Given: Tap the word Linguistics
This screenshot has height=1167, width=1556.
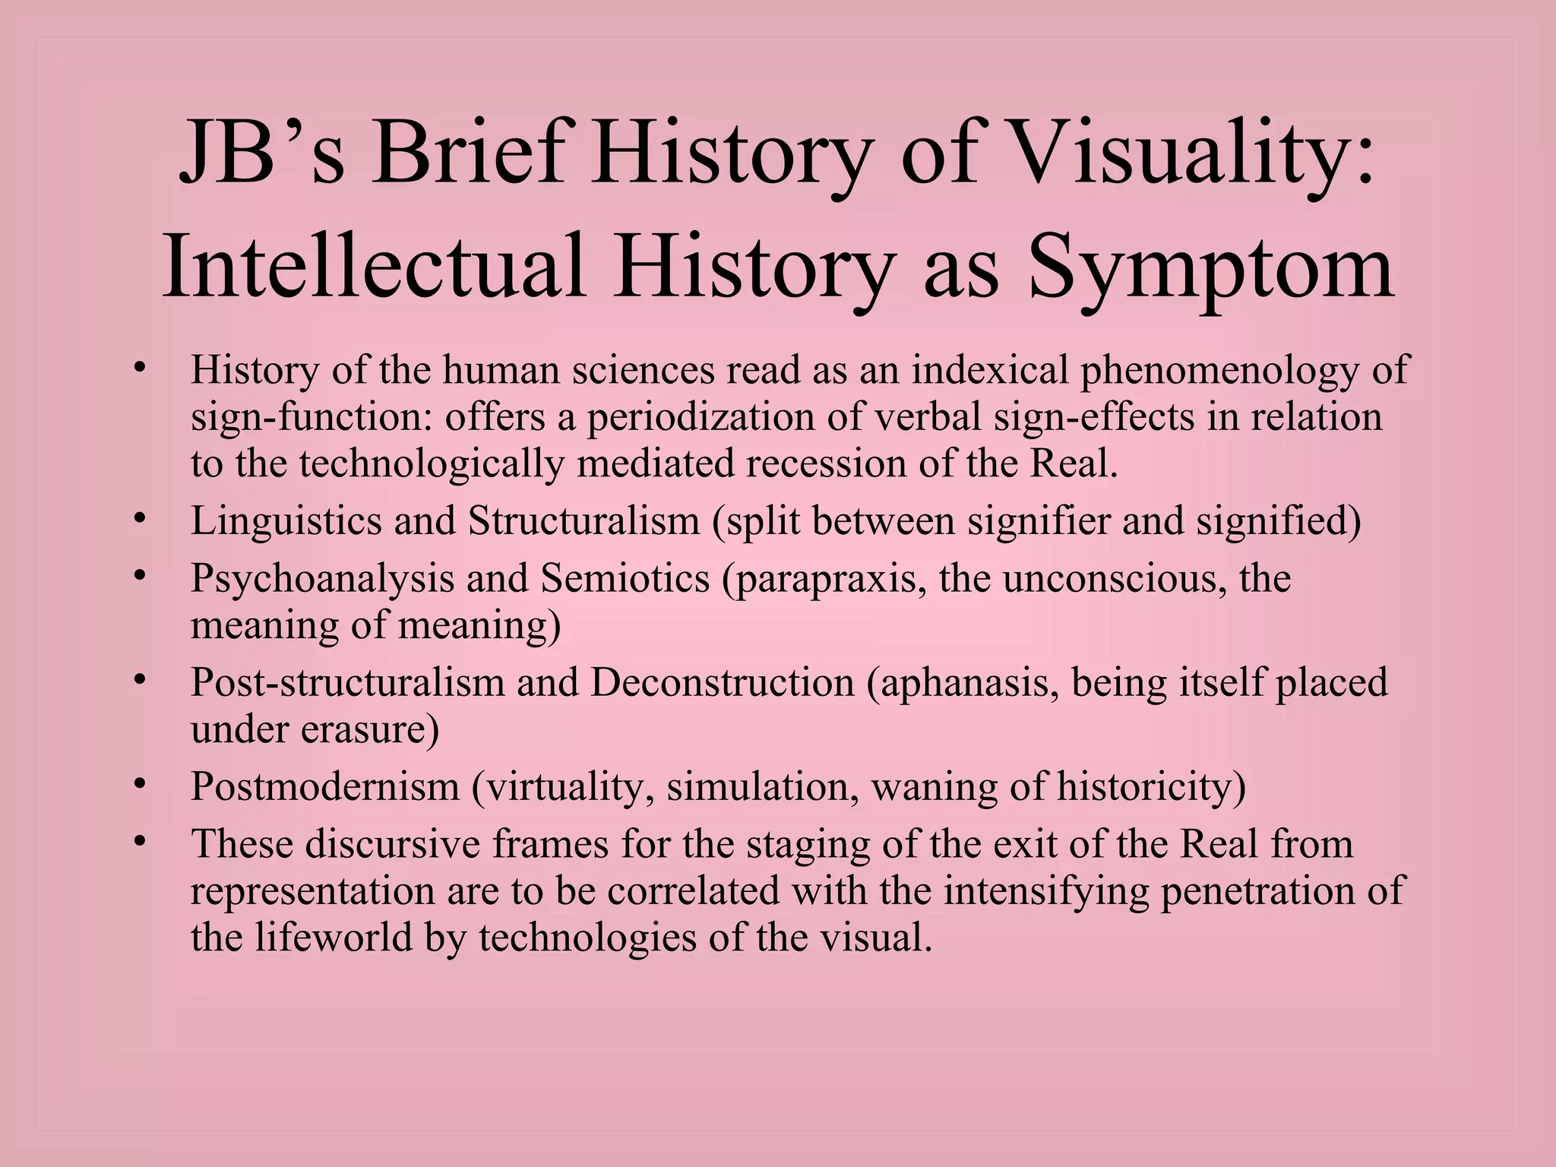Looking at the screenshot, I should (286, 521).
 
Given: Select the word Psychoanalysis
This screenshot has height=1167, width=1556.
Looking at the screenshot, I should (322, 579).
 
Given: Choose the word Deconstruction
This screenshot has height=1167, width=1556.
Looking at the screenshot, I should (723, 682).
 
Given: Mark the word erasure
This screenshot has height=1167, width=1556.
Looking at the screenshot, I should (370, 730).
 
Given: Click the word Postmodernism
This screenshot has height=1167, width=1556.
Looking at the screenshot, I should (325, 786).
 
